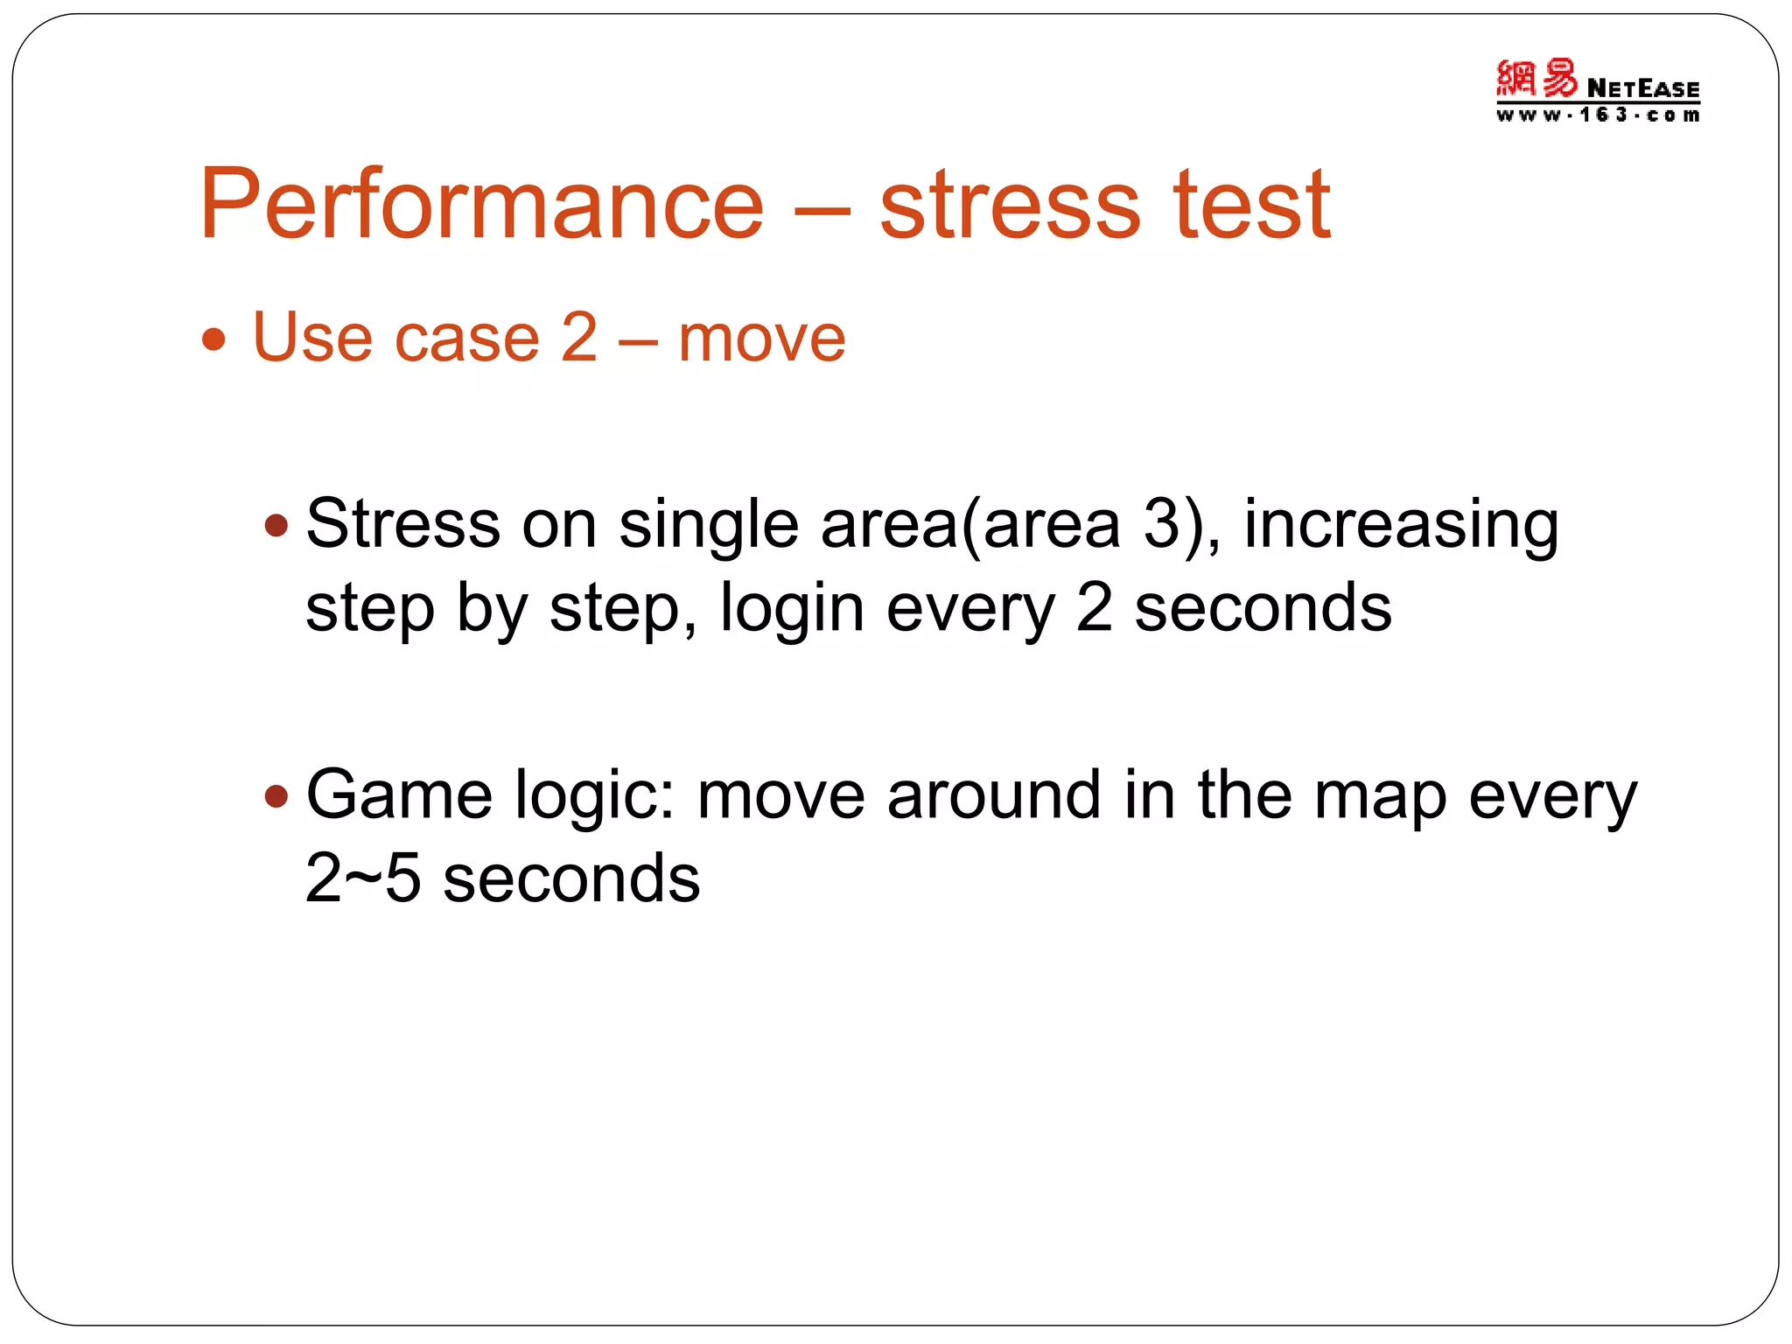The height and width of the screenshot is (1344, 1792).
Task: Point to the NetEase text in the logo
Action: (1642, 88)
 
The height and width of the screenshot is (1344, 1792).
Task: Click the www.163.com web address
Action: (1597, 115)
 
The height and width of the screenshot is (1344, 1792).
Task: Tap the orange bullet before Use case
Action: (213, 339)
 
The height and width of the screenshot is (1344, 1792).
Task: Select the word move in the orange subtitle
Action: (761, 339)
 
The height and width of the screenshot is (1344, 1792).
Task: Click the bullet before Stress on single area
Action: (276, 526)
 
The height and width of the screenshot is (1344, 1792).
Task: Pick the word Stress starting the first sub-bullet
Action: (402, 524)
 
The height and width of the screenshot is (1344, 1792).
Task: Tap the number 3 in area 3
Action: (1162, 524)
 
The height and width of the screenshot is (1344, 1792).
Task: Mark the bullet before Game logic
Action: (276, 795)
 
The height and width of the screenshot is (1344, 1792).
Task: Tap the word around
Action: (993, 794)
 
